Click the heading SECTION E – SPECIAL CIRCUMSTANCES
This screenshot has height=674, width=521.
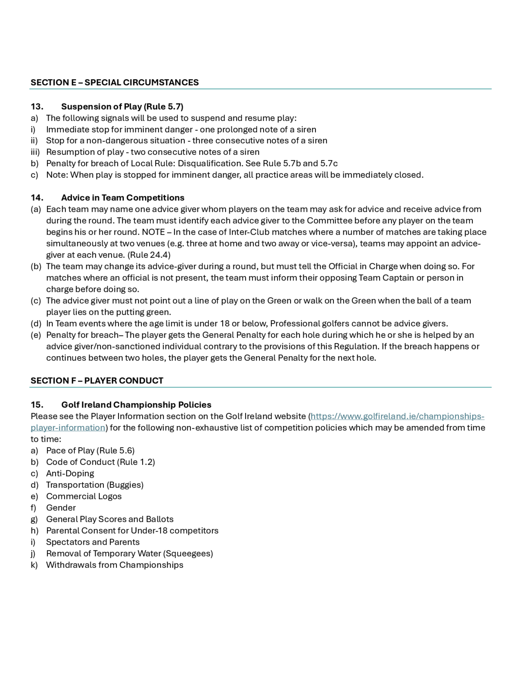[x=115, y=82]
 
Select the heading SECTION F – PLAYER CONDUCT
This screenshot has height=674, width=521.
[x=97, y=380]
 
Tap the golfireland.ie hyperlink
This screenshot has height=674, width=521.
[x=397, y=416]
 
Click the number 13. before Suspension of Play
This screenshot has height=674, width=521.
[x=37, y=107]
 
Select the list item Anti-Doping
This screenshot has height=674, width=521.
[x=70, y=473]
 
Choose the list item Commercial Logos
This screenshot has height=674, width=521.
[x=84, y=496]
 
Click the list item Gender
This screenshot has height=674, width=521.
[x=61, y=508]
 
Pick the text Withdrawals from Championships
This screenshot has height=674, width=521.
[x=115, y=565]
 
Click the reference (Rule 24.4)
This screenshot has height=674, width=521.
[x=149, y=255]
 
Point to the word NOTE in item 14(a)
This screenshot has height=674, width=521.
[x=153, y=232]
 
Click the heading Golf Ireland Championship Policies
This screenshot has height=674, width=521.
[x=136, y=405]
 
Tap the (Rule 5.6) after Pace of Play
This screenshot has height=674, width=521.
[x=115, y=451]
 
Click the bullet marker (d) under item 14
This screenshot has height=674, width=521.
[x=36, y=323]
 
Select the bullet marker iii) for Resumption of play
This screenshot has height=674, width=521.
[x=35, y=152]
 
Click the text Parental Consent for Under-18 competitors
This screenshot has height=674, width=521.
[x=132, y=531]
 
